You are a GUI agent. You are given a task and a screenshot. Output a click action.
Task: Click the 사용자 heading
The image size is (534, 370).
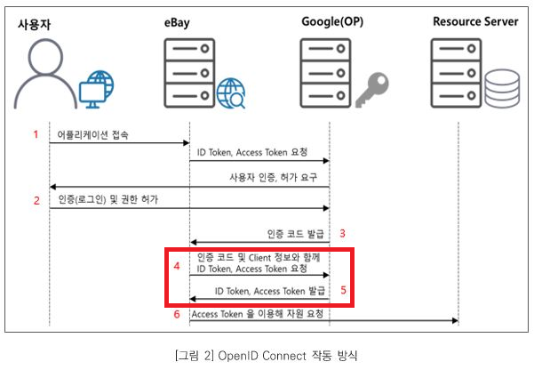[x=35, y=23]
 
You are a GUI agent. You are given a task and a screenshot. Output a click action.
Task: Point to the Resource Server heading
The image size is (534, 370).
[x=474, y=21]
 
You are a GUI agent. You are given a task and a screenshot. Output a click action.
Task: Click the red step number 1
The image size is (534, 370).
[x=36, y=135]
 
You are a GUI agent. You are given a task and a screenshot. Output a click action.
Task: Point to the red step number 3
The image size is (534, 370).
[x=341, y=235]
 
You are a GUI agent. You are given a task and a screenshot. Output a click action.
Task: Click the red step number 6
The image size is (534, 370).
[x=176, y=313]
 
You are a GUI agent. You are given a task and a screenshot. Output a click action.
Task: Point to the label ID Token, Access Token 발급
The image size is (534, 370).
[x=269, y=291]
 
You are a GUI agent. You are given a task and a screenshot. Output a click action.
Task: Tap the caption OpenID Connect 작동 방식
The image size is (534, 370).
[x=267, y=355]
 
